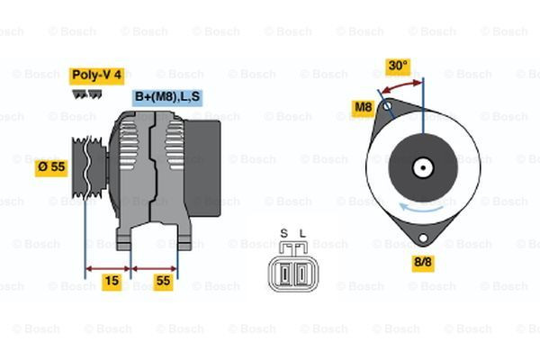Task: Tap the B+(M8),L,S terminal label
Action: (x=168, y=96)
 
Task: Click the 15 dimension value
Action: (x=112, y=281)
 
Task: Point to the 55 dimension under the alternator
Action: (x=163, y=281)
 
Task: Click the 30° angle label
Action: (x=397, y=66)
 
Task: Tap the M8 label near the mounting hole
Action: (x=363, y=108)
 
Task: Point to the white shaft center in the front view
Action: (x=422, y=167)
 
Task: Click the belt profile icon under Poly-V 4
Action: (x=85, y=92)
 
